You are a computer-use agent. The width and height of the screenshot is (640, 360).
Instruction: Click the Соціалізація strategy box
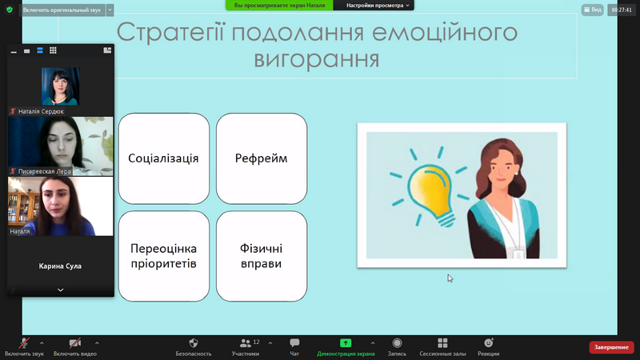(x=164, y=158)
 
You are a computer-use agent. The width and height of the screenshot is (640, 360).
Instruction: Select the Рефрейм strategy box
(x=262, y=158)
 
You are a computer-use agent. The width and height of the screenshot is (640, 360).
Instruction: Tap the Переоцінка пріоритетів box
(x=164, y=256)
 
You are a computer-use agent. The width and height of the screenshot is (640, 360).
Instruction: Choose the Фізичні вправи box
(x=262, y=256)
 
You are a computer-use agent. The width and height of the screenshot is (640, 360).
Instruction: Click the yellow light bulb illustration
(x=430, y=191)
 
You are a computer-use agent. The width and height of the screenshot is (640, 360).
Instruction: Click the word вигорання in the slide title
(x=317, y=59)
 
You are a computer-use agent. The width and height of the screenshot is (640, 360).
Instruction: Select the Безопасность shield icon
(x=194, y=343)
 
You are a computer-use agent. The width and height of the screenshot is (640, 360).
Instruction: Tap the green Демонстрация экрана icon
(x=346, y=343)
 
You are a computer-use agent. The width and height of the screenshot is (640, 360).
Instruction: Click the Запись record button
(x=397, y=343)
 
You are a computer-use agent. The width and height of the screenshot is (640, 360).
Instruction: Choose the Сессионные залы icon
(x=442, y=343)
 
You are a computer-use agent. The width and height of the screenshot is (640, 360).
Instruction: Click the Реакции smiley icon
(x=489, y=343)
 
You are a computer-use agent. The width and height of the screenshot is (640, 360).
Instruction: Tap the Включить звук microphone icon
(x=24, y=343)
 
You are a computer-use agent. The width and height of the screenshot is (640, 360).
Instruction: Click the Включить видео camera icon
(x=74, y=343)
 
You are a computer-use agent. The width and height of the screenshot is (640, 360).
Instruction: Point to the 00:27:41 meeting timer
(x=622, y=10)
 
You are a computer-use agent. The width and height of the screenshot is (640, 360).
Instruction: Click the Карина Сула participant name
(x=60, y=266)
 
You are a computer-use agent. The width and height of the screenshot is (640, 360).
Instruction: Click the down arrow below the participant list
(x=61, y=290)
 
